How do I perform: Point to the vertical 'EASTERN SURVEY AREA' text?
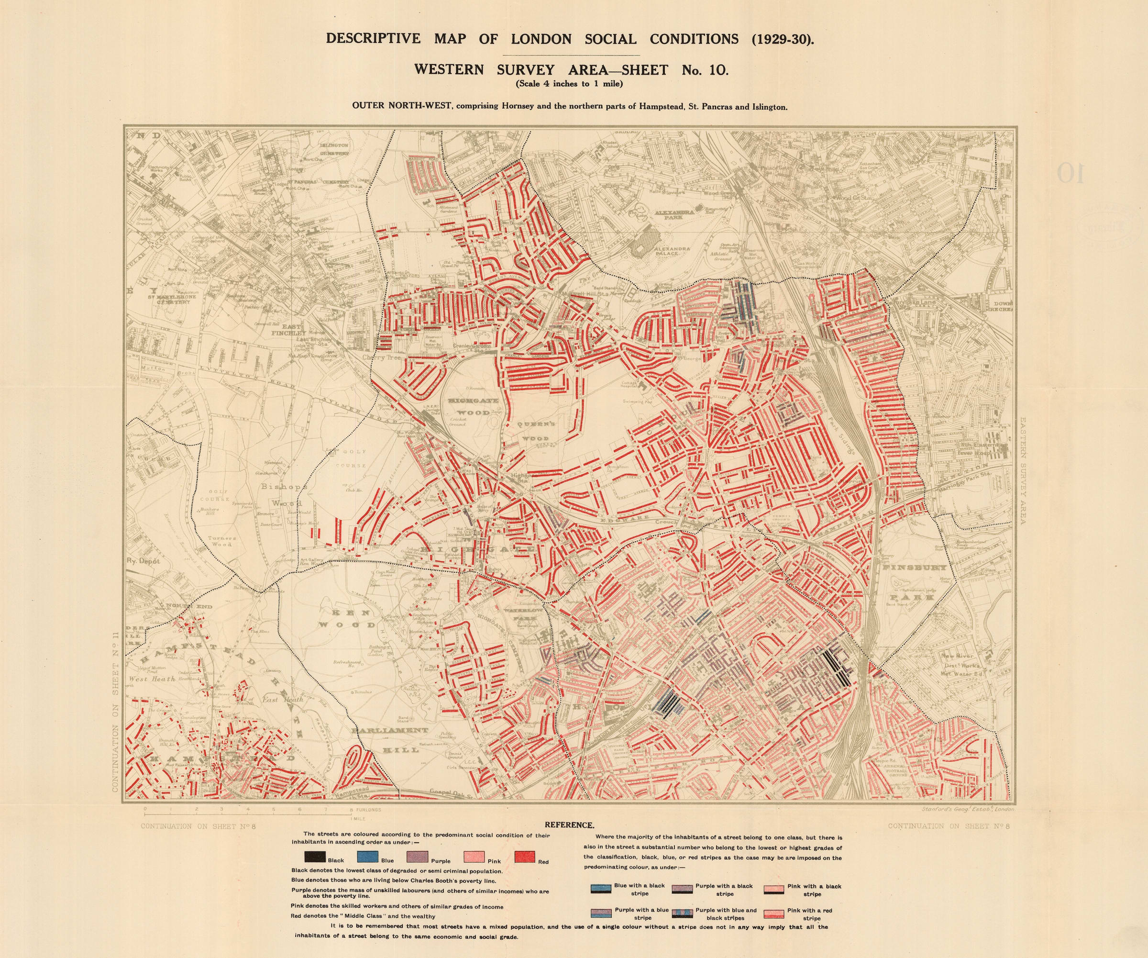1023,471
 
